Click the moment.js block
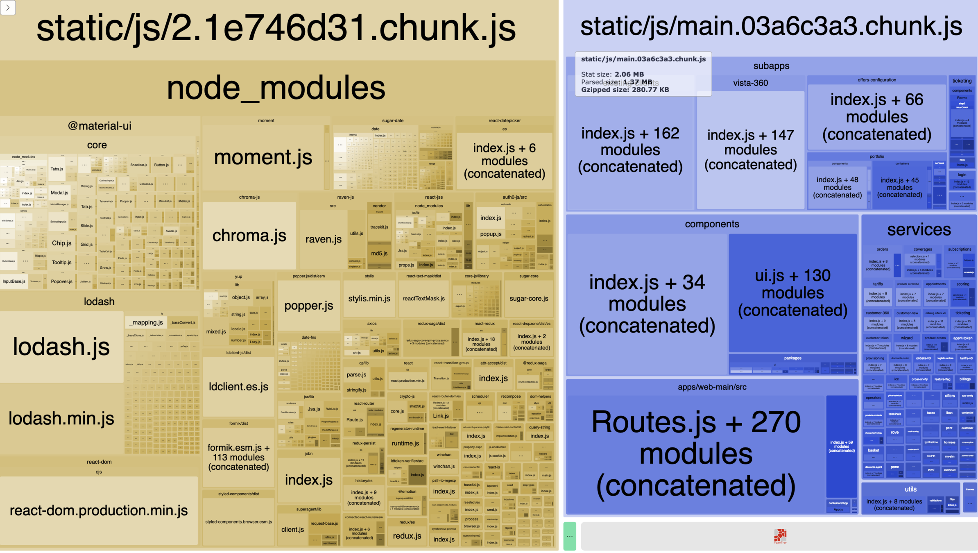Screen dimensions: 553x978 [263, 157]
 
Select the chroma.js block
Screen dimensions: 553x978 [249, 236]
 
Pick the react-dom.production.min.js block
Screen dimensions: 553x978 [99, 510]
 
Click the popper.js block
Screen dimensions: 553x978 [309, 306]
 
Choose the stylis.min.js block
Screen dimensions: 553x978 [369, 299]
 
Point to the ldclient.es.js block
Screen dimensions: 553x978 [238, 387]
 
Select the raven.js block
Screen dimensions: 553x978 [323, 239]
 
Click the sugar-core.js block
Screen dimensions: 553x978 [529, 299]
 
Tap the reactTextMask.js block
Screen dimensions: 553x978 [423, 299]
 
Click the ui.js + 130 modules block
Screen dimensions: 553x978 [792, 292]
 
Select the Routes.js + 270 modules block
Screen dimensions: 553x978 [695, 454]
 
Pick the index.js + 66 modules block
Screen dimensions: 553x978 [876, 117]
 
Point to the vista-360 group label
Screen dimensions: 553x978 [750, 83]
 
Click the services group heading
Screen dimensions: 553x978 [919, 230]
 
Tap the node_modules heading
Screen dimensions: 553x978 [276, 88]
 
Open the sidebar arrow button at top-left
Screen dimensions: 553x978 [8, 7]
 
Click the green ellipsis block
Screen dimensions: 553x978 [569, 536]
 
